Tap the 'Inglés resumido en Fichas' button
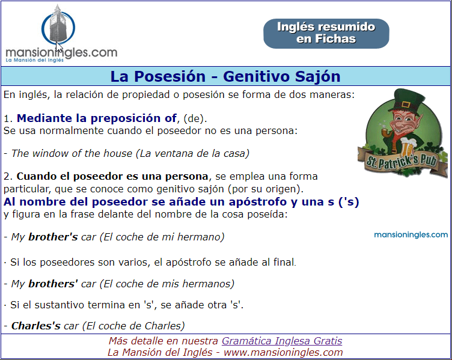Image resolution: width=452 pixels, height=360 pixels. coord(326,34)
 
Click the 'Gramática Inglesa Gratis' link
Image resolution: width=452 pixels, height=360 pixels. coord(282,341)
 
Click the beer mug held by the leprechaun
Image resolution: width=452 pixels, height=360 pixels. coord(407,147)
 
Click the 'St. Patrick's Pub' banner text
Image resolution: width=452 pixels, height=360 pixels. coord(402,162)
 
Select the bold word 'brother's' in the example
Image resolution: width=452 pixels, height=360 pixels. coord(53,237)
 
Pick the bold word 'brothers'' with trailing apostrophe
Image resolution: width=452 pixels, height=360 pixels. coord(53,284)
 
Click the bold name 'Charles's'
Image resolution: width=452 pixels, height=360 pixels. coord(35,326)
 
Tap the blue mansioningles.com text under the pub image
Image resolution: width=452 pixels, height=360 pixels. coord(411,234)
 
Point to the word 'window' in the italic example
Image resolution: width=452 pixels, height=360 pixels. coord(50,153)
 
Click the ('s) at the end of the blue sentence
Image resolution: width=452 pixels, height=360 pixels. coord(349,202)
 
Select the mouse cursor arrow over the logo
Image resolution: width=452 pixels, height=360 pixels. coord(59,47)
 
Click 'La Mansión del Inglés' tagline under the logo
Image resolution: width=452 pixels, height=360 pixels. coord(35,60)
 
